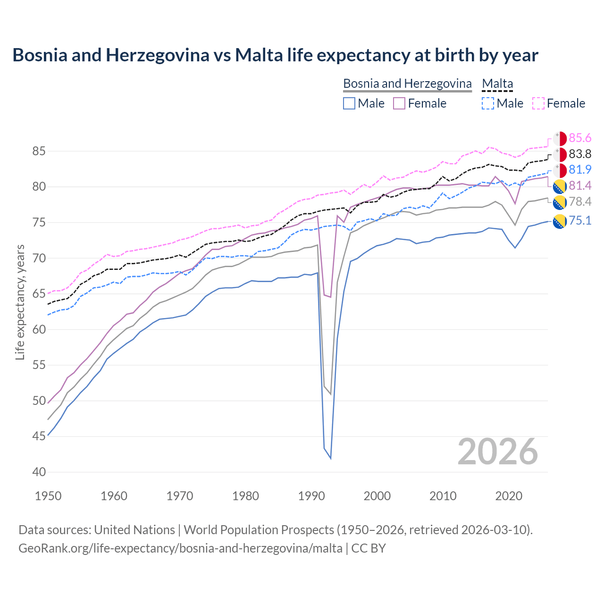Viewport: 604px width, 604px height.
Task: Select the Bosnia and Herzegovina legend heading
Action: pos(407,84)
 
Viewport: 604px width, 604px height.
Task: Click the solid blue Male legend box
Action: pos(349,103)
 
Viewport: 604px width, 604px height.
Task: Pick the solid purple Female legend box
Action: pos(399,103)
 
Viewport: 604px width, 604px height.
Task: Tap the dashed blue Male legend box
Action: pos(488,103)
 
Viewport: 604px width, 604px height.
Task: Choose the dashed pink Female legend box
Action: pos(538,103)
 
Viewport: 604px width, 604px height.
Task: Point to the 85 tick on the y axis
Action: pos(39,151)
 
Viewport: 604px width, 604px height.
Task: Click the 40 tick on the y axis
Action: pos(39,472)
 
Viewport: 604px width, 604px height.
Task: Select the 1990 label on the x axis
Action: pos(311,496)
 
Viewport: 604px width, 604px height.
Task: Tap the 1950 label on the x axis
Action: pos(48,496)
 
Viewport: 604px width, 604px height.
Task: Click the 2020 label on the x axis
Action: pos(509,496)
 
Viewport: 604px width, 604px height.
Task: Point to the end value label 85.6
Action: pos(580,138)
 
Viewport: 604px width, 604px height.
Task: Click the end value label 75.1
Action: pos(580,220)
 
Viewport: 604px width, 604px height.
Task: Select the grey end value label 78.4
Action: pos(580,202)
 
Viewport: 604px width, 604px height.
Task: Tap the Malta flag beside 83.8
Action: pos(560,154)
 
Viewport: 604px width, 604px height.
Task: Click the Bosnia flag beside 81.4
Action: pos(560,186)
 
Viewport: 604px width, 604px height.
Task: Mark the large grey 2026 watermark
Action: pos(498,452)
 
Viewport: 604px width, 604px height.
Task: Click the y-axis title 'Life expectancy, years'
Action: pos(20,302)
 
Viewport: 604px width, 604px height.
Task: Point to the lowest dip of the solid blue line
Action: pos(330,458)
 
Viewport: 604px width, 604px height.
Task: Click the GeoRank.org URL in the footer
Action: pos(180,548)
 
